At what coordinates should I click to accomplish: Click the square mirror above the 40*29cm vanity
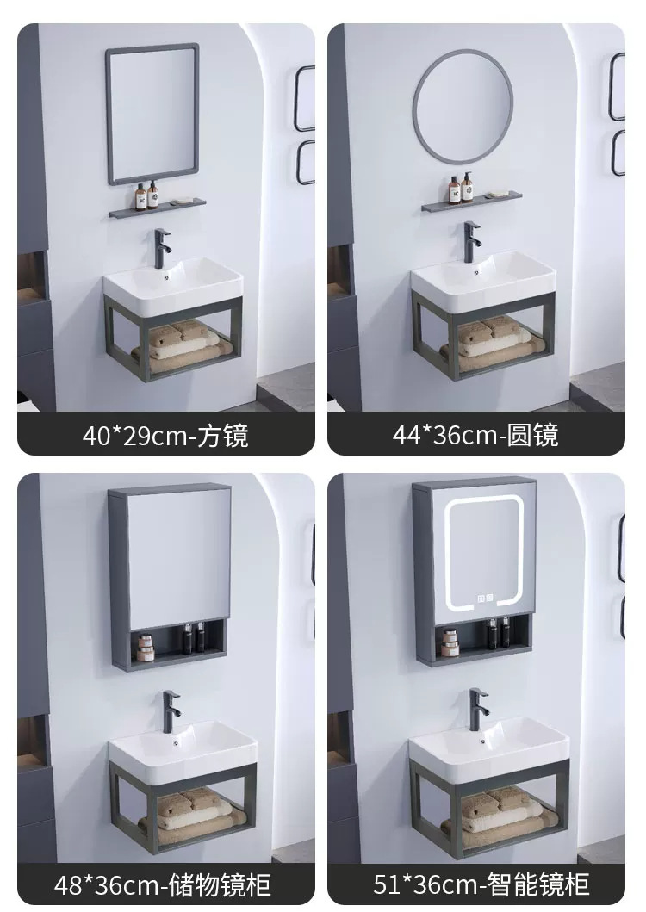coord(152,114)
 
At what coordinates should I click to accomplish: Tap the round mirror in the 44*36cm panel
coord(463,106)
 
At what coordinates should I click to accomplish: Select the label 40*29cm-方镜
coord(166,435)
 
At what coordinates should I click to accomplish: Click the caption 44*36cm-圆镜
coord(475,435)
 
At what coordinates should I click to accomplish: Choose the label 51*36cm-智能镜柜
coord(481,884)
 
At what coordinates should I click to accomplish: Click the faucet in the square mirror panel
coord(162,248)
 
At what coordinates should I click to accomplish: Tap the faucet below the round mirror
coord(471,241)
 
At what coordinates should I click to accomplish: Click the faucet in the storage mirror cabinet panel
coord(171,710)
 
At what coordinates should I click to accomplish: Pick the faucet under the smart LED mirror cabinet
coord(478,709)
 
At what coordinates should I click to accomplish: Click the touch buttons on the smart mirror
coord(486,598)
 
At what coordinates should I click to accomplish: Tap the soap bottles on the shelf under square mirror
coord(146,195)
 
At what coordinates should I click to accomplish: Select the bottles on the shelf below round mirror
coord(461,187)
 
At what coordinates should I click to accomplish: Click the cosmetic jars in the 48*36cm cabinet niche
coord(146,648)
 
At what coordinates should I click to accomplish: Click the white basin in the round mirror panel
coord(483,281)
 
